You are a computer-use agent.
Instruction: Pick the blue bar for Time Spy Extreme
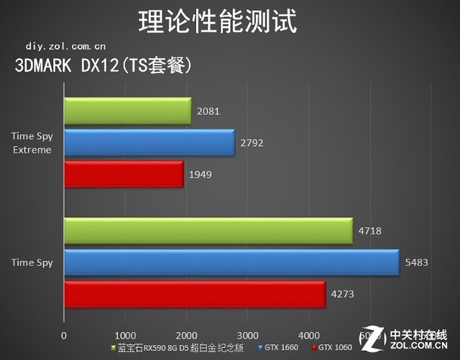click(x=149, y=143)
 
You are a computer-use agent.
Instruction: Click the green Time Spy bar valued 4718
click(x=208, y=231)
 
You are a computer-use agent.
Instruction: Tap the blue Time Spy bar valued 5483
click(x=231, y=262)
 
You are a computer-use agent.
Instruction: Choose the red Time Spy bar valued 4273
click(x=194, y=294)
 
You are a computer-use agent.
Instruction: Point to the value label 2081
click(x=208, y=111)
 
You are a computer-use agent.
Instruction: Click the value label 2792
click(x=251, y=142)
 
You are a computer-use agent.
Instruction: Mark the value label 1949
click(x=200, y=175)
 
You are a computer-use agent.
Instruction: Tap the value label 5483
click(x=415, y=262)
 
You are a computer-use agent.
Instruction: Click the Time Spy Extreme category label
click(x=32, y=143)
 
